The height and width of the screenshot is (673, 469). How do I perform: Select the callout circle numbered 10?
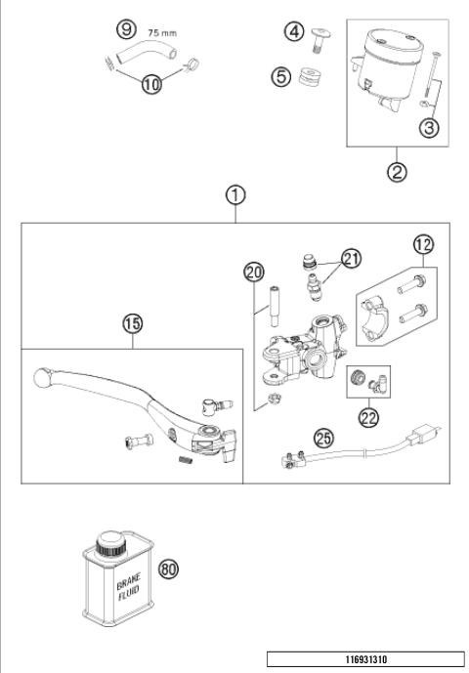pyautogui.click(x=150, y=85)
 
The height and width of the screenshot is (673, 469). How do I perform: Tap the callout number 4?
pyautogui.click(x=294, y=32)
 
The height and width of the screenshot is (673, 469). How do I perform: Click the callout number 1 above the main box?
pyautogui.click(x=234, y=194)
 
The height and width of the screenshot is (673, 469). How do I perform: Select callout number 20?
pyautogui.click(x=254, y=272)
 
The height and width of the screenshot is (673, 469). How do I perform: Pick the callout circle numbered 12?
pyautogui.click(x=423, y=244)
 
